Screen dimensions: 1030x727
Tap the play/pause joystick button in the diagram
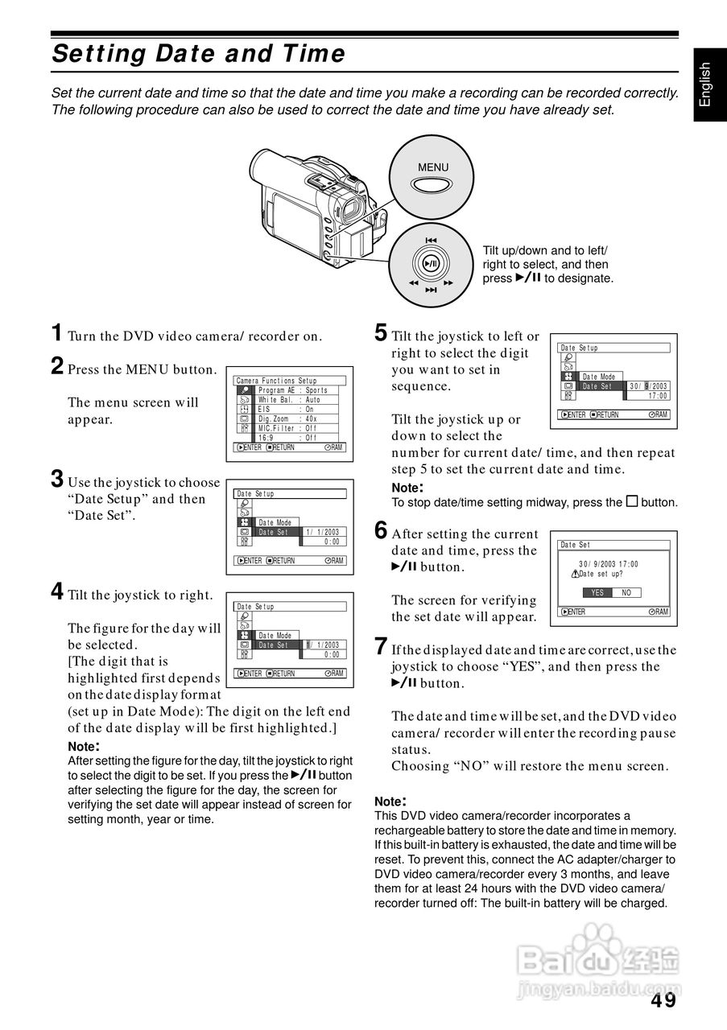pos(432,263)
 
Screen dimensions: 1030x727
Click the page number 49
pos(663,1000)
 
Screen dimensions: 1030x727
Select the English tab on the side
pos(706,84)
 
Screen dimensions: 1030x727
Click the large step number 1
pos(57,332)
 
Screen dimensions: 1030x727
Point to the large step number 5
pos(381,332)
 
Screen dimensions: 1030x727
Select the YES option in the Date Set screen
pos(597,592)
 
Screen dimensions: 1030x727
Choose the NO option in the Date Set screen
pos(626,592)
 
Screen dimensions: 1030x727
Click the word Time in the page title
pos(315,54)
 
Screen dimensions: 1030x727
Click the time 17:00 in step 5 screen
pos(658,396)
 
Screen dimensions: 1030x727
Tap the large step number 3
pos(57,479)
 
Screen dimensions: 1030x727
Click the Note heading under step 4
pos(84,746)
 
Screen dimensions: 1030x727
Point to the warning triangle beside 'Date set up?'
pos(574,574)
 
